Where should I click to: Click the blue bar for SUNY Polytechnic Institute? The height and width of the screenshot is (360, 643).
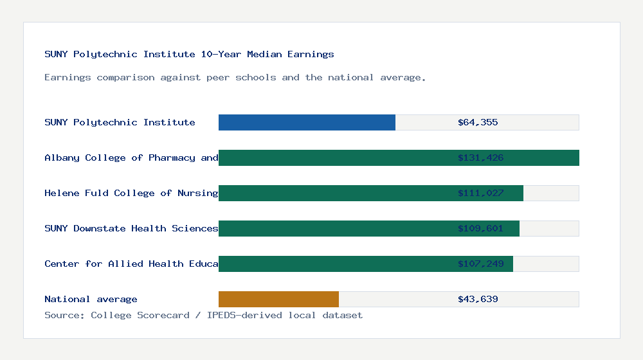tap(307, 122)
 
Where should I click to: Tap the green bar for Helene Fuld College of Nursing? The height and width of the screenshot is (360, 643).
tap(334, 193)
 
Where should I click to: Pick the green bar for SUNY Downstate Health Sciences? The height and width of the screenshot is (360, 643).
tap(334, 228)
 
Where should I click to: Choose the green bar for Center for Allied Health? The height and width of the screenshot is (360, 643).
tap(334, 264)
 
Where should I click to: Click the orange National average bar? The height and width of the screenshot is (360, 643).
tap(278, 299)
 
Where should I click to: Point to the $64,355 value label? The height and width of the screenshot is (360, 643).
tap(478, 122)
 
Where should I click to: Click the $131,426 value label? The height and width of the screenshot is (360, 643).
tap(480, 157)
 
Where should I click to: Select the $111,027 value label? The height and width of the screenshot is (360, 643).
tap(480, 193)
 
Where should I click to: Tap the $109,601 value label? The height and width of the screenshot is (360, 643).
tap(480, 228)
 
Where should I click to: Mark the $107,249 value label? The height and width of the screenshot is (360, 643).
tap(480, 264)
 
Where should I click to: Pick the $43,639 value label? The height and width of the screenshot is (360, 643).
tap(478, 299)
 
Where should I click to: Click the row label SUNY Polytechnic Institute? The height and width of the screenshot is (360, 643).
tap(120, 122)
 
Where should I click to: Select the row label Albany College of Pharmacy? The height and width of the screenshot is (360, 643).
tap(131, 157)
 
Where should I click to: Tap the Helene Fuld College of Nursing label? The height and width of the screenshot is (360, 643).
tap(131, 193)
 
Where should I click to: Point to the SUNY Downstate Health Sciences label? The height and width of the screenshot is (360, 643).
tap(131, 228)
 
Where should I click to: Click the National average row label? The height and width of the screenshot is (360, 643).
tap(91, 299)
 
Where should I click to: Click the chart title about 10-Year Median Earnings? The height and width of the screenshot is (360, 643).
tap(189, 54)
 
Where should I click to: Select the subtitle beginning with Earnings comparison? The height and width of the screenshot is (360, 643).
tap(235, 77)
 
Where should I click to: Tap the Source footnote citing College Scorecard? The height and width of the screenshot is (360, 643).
tap(203, 315)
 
